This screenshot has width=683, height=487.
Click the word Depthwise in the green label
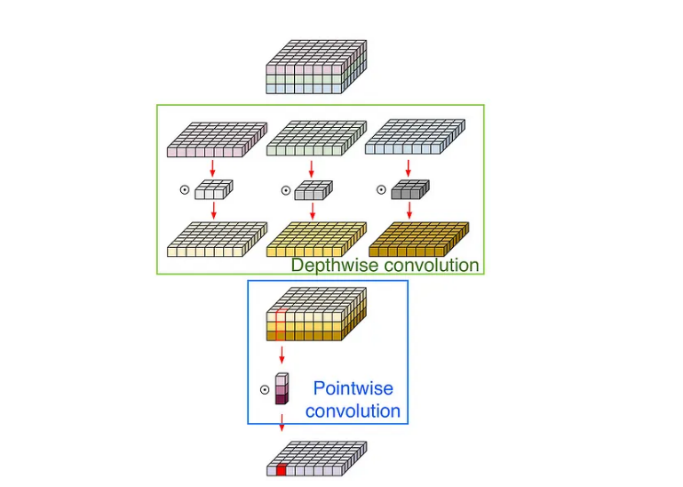coord(333,265)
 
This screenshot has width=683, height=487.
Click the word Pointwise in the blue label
coord(353,388)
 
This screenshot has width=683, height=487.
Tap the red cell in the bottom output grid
coord(282,470)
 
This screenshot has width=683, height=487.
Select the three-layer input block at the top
coord(316,67)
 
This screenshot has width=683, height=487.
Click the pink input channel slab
coord(216,140)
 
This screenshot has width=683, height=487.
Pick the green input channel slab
coord(315,140)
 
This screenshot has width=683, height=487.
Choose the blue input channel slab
coord(414,140)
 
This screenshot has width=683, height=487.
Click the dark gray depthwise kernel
coord(409,188)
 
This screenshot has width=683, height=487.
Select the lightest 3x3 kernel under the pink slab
coord(213,188)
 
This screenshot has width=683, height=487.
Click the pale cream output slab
coord(216,239)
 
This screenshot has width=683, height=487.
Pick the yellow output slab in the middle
coord(315,239)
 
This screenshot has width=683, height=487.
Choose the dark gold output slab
coord(417,239)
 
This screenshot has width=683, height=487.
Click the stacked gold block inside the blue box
coord(316,315)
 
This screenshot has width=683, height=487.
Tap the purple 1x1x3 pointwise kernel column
coord(282,388)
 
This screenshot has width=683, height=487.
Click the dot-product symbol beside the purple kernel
coord(264,389)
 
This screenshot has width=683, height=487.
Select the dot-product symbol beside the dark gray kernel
coord(381,189)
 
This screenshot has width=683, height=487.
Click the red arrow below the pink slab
coord(213,168)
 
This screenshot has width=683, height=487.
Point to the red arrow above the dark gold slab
coord(409,212)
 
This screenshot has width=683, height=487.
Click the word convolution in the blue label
coord(353,411)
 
